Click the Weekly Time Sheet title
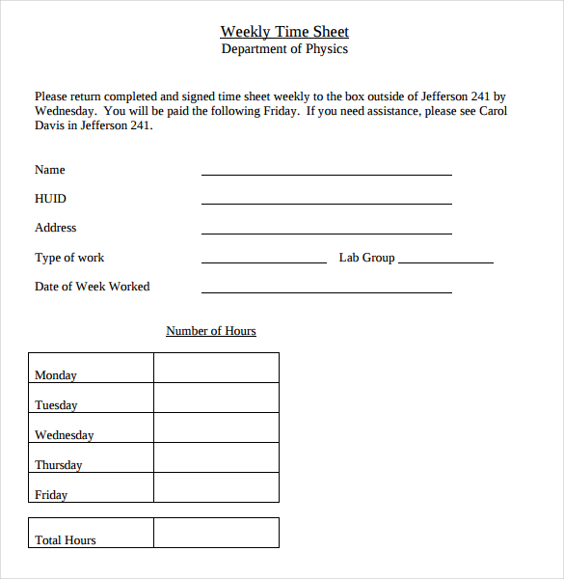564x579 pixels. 284,32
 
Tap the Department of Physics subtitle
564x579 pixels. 284,49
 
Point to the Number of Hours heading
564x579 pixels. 211,331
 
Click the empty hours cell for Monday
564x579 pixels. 216,368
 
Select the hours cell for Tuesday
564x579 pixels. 216,398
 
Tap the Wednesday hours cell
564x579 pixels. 216,427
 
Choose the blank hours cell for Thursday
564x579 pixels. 216,457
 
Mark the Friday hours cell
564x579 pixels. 216,487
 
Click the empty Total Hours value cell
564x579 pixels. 216,533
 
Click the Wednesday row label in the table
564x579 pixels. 65,435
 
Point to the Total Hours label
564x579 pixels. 66,540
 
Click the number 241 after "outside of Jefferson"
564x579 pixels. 479,96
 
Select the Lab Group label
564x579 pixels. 366,258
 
